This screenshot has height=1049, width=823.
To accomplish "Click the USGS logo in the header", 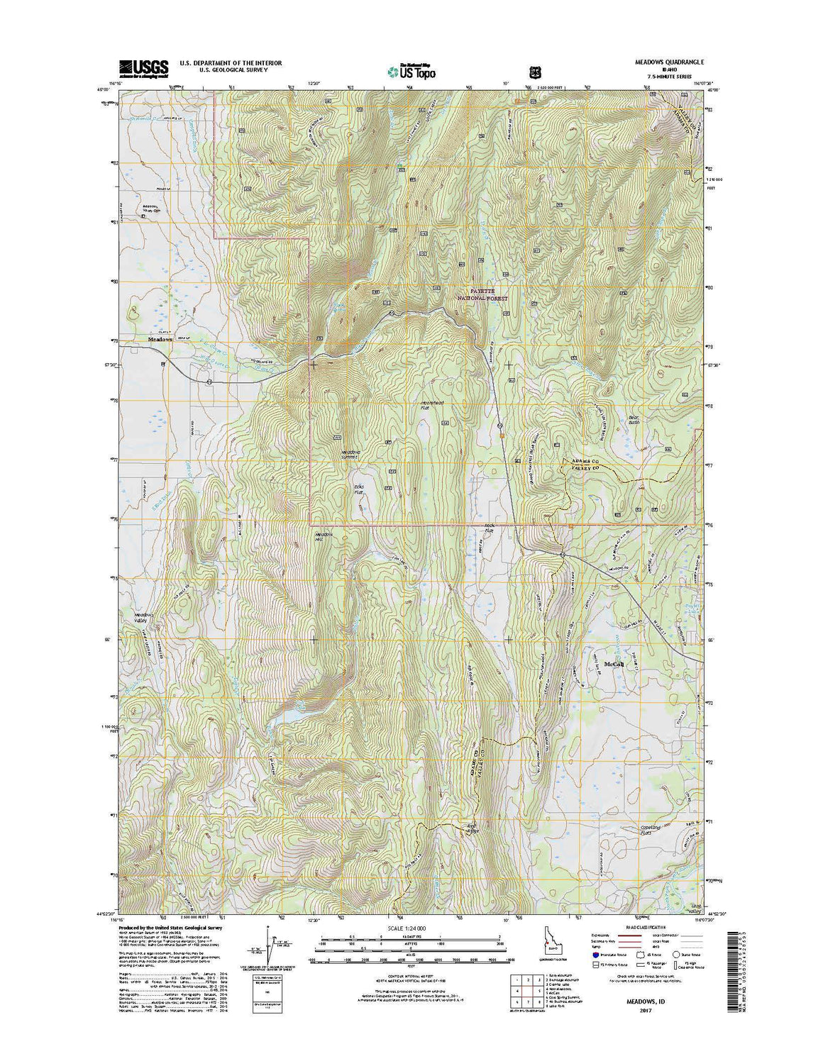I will pyautogui.click(x=143, y=67).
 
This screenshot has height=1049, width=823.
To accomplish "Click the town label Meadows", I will pyautogui.click(x=160, y=340).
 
